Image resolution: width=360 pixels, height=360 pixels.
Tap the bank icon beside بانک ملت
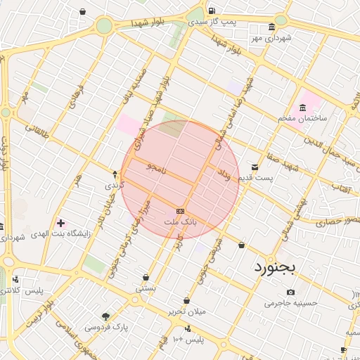click(x=181, y=211)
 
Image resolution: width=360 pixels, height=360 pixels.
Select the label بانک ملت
click(x=181, y=222)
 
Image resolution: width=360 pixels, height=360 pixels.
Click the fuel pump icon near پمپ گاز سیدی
click(x=212, y=11)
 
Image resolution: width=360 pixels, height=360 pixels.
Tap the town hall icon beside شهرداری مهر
click(x=272, y=27)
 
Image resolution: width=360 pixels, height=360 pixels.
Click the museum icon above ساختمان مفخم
click(x=302, y=108)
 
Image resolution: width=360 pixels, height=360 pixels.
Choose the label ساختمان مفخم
click(x=304, y=119)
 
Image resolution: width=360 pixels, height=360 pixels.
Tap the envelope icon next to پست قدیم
click(x=254, y=167)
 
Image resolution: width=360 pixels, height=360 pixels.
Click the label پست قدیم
click(x=252, y=178)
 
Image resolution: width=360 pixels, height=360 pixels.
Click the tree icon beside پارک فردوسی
click(x=105, y=316)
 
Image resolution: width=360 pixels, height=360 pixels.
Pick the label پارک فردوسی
click(x=107, y=327)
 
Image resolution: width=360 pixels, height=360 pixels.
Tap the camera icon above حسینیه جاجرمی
click(x=291, y=292)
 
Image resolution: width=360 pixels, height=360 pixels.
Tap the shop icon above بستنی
click(x=146, y=277)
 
